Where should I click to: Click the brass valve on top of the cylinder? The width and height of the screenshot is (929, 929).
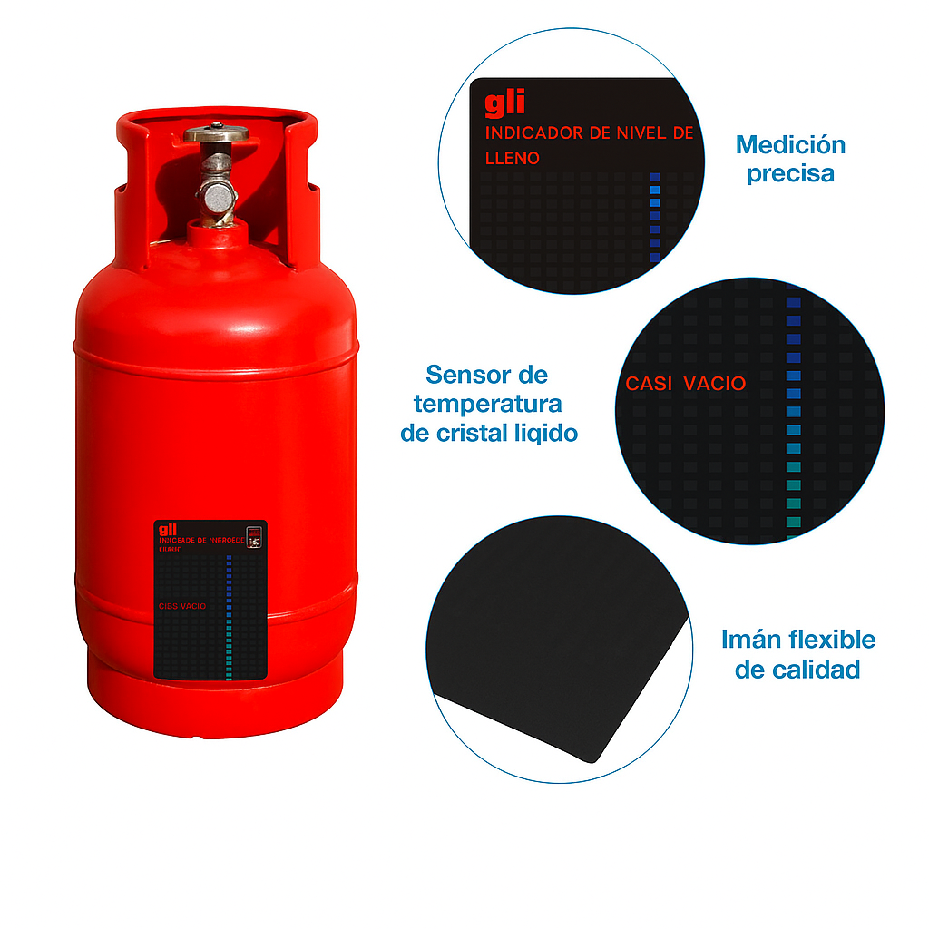216,134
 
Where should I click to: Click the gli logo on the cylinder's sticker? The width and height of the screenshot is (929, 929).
167,530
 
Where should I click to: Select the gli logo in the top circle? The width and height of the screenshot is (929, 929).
504,104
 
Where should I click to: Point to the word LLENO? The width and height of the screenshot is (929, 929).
513,158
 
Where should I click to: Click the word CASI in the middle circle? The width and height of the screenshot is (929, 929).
649,384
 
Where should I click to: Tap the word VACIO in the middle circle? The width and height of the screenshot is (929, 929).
715,384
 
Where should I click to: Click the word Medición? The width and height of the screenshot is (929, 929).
790,144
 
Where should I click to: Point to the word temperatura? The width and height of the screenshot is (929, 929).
487,403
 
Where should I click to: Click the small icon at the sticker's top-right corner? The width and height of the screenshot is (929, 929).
255,536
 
